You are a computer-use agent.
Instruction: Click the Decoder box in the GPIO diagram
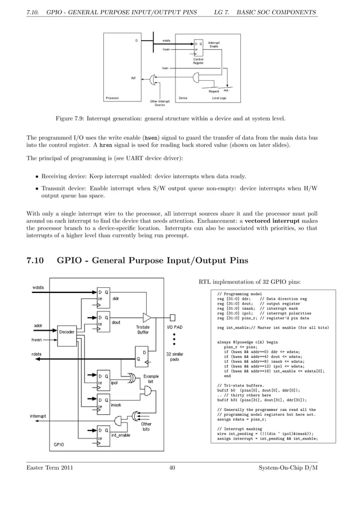[67, 332]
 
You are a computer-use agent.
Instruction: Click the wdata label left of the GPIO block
[38, 287]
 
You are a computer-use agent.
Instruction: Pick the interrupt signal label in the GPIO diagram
[39, 416]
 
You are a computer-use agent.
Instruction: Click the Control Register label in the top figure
[198, 61]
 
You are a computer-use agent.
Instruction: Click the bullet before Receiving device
[35, 175]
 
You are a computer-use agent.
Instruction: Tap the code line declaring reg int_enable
[265, 327]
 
